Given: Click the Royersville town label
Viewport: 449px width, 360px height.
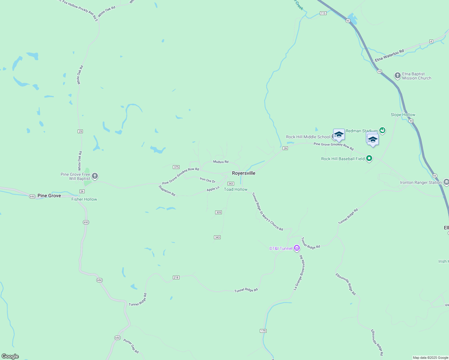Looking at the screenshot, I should pos(243,173).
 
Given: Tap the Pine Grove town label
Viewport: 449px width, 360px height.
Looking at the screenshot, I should pos(49,196).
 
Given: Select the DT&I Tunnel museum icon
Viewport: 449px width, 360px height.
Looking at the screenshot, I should pos(297,248).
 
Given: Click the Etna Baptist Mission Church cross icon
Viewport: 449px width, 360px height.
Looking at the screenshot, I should pos(397,76).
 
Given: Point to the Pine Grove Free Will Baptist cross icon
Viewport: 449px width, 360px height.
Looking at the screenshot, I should pos(95,176).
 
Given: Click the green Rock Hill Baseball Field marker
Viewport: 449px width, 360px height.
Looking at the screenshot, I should pos(369,158).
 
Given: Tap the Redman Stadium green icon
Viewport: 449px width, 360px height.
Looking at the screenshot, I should pos(382,130).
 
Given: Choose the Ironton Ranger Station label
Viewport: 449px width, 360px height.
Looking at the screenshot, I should pos(421,182).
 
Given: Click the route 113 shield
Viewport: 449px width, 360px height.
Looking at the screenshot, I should pos(323,13).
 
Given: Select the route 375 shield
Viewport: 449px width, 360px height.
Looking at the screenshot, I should pos(176,167).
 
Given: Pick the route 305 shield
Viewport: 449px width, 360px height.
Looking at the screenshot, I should pos(218,212).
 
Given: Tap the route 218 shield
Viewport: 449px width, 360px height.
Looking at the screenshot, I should pos(176,277).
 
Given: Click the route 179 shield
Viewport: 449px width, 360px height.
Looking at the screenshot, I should pos(263,331).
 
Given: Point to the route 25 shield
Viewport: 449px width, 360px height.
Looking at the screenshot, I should pos(80,131).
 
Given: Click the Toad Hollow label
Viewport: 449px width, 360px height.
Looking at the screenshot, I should pos(236,189).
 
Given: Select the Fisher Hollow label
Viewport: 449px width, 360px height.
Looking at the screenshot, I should pos(84,199).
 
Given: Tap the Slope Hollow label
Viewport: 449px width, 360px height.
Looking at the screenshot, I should pos(403,115).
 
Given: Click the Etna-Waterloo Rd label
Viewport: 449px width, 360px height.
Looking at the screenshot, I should pos(389,56).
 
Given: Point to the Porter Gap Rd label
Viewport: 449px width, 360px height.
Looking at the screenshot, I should pos(131,346).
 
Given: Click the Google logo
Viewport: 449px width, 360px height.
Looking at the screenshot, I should pos(10,356).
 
